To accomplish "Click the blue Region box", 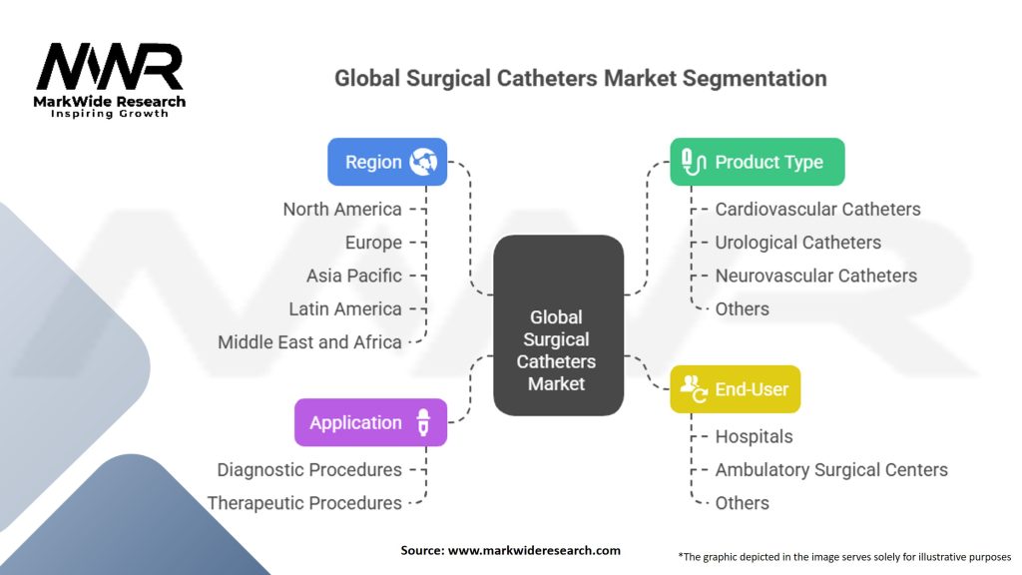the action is tap(387, 162).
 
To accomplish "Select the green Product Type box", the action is tap(758, 162).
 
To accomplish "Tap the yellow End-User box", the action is tap(736, 389).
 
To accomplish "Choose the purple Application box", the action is tap(371, 422).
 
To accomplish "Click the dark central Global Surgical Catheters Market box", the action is tap(559, 325).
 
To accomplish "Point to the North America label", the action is tap(342, 210).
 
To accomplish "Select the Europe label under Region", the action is tap(373, 243).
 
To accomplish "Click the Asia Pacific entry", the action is tap(354, 276).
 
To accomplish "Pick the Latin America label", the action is tap(345, 309).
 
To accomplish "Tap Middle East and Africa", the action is tap(309, 342).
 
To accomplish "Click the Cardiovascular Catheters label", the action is tap(818, 210).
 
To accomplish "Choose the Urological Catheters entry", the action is tap(798, 243).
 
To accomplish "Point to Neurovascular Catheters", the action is tap(816, 276).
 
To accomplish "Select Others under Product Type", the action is tap(743, 309).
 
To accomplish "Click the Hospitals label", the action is tap(755, 437).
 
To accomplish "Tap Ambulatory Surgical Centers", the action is tap(831, 470).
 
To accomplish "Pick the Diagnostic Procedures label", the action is tap(309, 470).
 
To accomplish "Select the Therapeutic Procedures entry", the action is tap(304, 503).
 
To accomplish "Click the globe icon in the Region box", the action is tap(423, 162).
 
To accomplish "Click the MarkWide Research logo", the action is tap(110, 80).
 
